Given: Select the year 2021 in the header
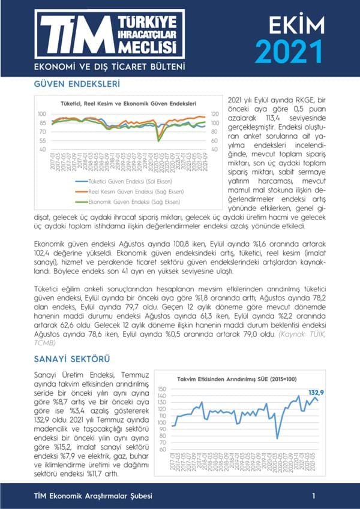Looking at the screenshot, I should click(289, 52).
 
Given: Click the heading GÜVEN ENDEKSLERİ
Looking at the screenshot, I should click(77, 85).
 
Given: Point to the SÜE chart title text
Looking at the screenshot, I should click(238, 378).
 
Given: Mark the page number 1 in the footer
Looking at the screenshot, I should click(313, 496).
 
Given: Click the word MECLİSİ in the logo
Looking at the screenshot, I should click(148, 47).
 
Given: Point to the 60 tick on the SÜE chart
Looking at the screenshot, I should click(163, 449).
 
